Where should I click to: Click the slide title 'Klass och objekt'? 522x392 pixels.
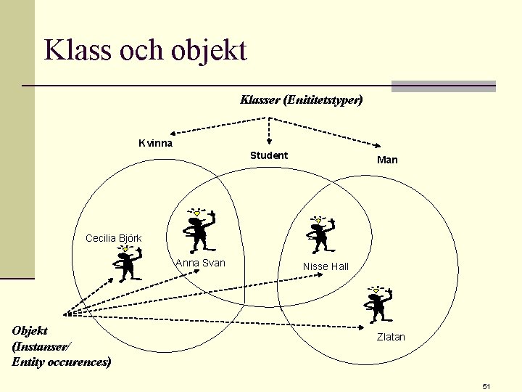click(145, 50)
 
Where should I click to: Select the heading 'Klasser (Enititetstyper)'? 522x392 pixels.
click(301, 99)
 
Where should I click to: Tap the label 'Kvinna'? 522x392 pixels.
click(156, 143)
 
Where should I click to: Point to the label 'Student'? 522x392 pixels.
click(269, 155)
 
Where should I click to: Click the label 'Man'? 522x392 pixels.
click(387, 160)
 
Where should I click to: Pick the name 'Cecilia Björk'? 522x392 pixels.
click(114, 238)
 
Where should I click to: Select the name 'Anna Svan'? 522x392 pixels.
click(201, 263)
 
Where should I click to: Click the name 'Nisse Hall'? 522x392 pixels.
click(326, 266)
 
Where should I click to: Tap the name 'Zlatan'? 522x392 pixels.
click(391, 337)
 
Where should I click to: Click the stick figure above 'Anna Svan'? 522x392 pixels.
click(198, 229)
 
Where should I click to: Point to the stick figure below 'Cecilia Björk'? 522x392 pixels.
click(127, 264)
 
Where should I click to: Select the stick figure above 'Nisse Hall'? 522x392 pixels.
click(317, 232)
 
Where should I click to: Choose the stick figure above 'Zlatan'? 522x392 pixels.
click(377, 304)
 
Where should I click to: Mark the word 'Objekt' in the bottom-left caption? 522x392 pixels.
click(30, 331)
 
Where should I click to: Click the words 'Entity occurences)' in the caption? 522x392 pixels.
click(62, 361)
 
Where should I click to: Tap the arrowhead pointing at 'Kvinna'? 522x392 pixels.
click(173, 134)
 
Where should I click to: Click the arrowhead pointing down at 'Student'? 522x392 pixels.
click(269, 143)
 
